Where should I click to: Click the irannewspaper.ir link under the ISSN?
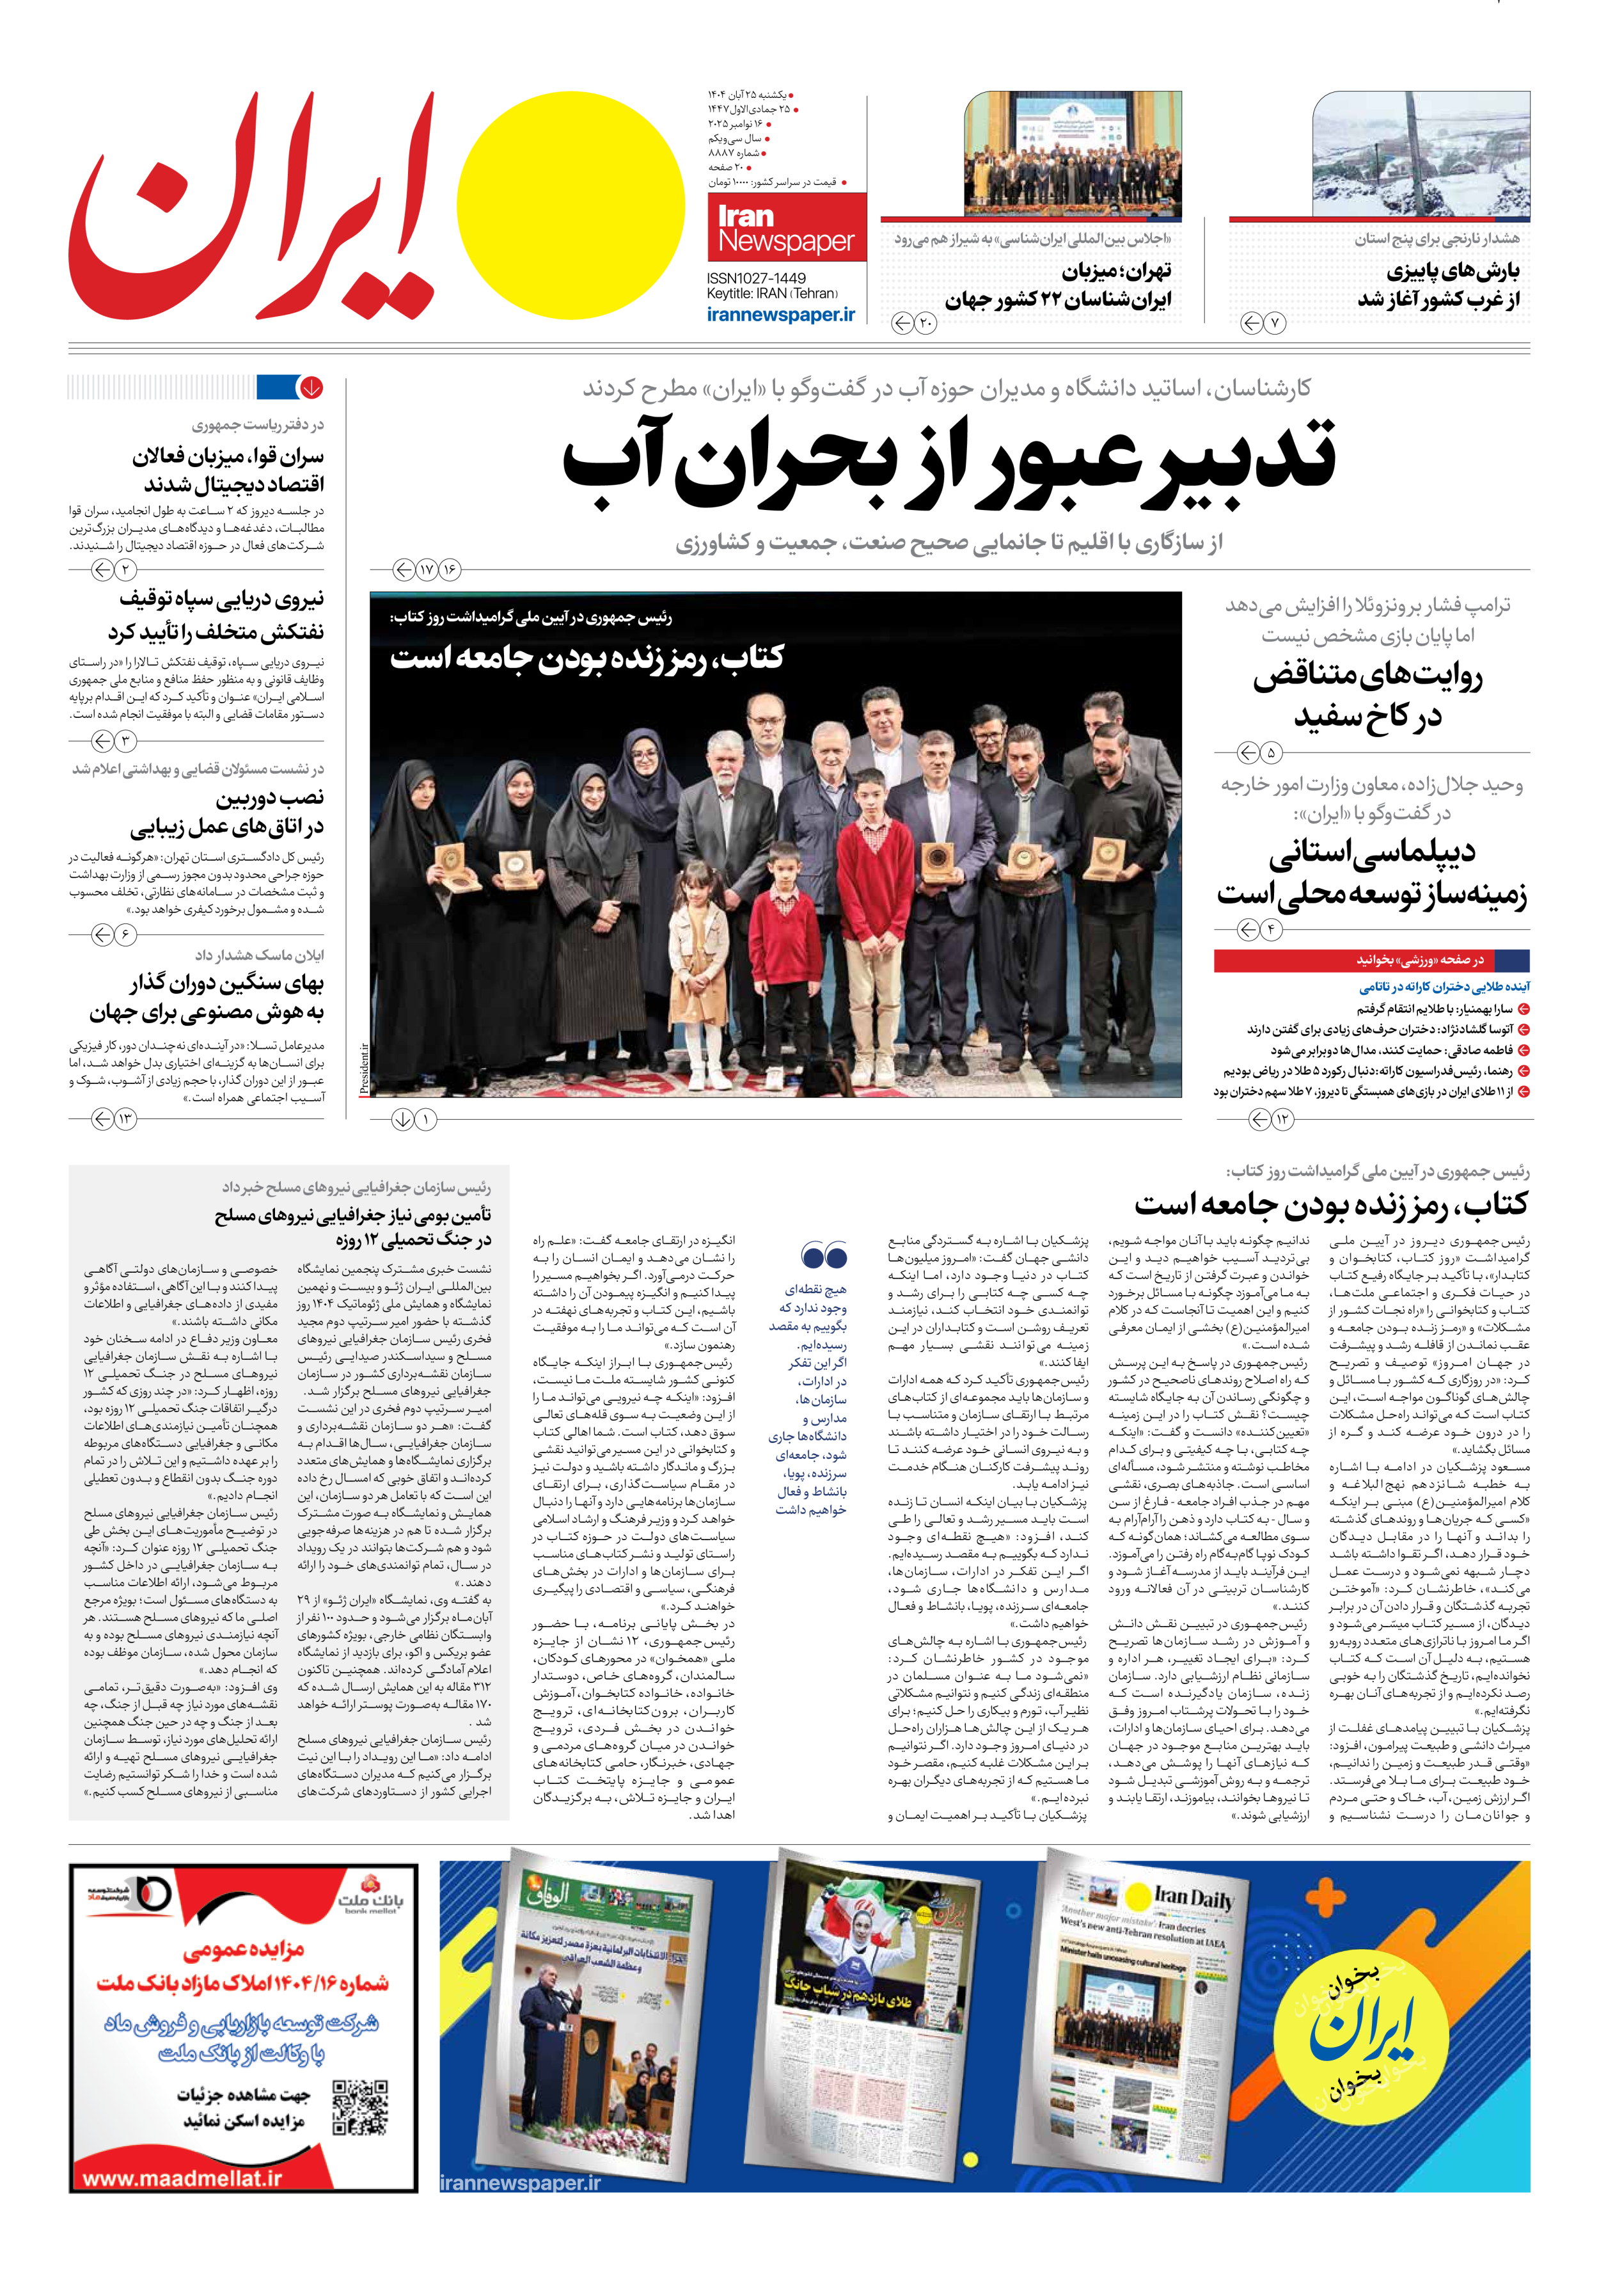click(780, 314)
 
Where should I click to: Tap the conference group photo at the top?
click(1073, 154)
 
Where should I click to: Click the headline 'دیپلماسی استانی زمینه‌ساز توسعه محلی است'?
click(1371, 872)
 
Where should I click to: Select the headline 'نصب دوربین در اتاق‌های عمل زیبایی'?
click(227, 812)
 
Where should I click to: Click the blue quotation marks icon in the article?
click(823, 1255)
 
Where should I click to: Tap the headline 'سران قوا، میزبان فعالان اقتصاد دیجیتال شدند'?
click(228, 470)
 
